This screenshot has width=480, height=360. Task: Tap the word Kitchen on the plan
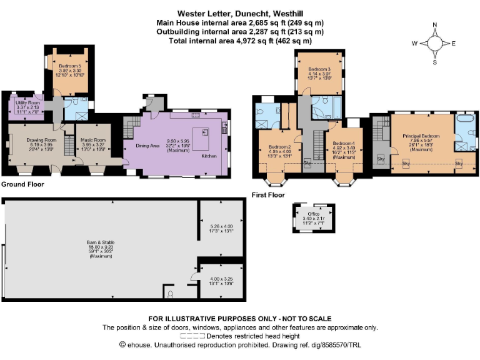click(209, 156)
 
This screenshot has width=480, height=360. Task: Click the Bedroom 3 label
click(319, 69)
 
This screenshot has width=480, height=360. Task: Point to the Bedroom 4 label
click(343, 144)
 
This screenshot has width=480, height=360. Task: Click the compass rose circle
click(435, 44)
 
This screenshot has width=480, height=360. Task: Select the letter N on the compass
click(435, 26)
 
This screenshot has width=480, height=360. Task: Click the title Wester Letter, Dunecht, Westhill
click(240, 12)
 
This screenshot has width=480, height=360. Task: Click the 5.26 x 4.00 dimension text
click(221, 226)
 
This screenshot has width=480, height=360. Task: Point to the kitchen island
click(202, 138)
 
